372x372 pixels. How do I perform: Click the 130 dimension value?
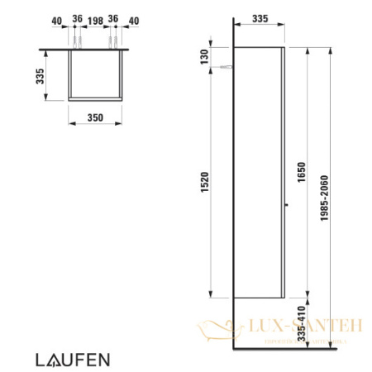(x=203, y=55)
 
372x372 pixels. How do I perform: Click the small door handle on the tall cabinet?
(x=285, y=204)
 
